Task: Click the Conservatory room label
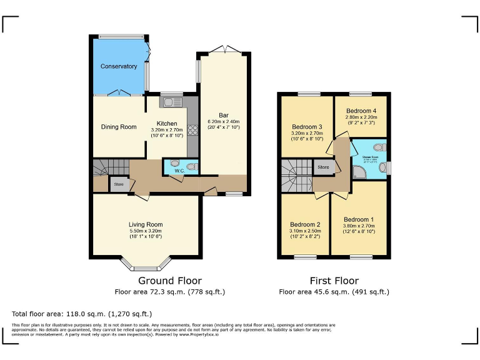pos(119,66)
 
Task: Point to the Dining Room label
pos(119,127)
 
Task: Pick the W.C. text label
pos(178,170)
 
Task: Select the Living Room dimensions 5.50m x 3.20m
pos(146,231)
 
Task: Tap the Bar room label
pos(223,114)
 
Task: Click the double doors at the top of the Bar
pos(224,50)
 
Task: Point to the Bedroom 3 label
pos(307,127)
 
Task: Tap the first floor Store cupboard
pos(323,167)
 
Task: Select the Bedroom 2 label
pos(305,224)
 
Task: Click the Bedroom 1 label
pos(359,219)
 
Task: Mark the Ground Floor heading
pos(170,281)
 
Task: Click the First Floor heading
pos(334,281)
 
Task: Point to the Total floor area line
pos(82,314)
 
